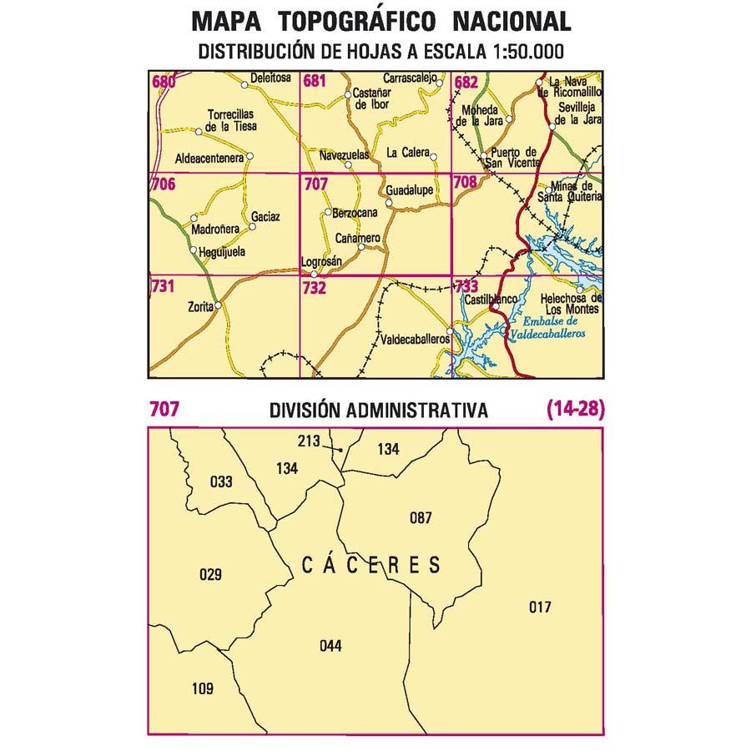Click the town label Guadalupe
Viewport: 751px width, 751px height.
pyautogui.click(x=409, y=190)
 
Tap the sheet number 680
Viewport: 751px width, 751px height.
pyautogui.click(x=164, y=82)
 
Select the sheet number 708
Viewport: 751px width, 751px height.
pyautogui.click(x=466, y=182)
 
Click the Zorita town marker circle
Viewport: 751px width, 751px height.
pyautogui.click(x=219, y=306)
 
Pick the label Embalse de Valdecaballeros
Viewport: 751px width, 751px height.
pyautogui.click(x=554, y=327)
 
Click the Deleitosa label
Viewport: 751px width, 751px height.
pyautogui.click(x=270, y=79)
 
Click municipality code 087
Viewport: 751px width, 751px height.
pyautogui.click(x=421, y=518)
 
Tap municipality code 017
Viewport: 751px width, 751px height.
pyautogui.click(x=540, y=607)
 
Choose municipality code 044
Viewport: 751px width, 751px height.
pyautogui.click(x=330, y=645)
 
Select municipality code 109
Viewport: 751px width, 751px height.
pyautogui.click(x=202, y=688)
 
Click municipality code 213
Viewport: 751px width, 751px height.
pyautogui.click(x=309, y=441)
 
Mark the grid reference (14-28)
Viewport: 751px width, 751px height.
pyautogui.click(x=575, y=409)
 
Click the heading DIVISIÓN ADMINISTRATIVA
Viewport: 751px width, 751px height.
pyautogui.click(x=378, y=410)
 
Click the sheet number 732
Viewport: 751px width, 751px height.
pyautogui.click(x=315, y=288)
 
